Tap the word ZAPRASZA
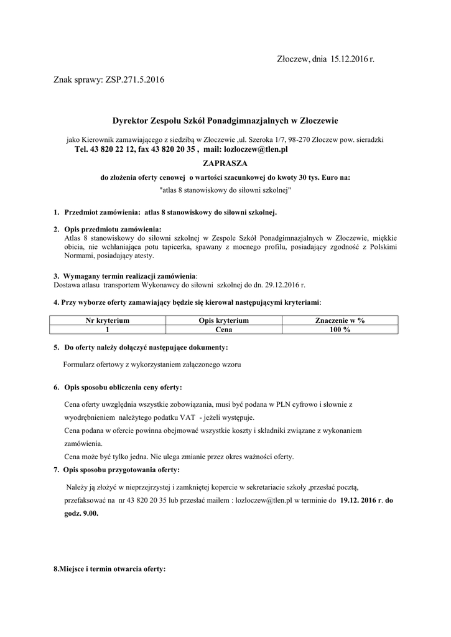point(225,163)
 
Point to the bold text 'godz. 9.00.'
point(81,514)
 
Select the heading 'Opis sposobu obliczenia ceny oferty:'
point(122,387)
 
